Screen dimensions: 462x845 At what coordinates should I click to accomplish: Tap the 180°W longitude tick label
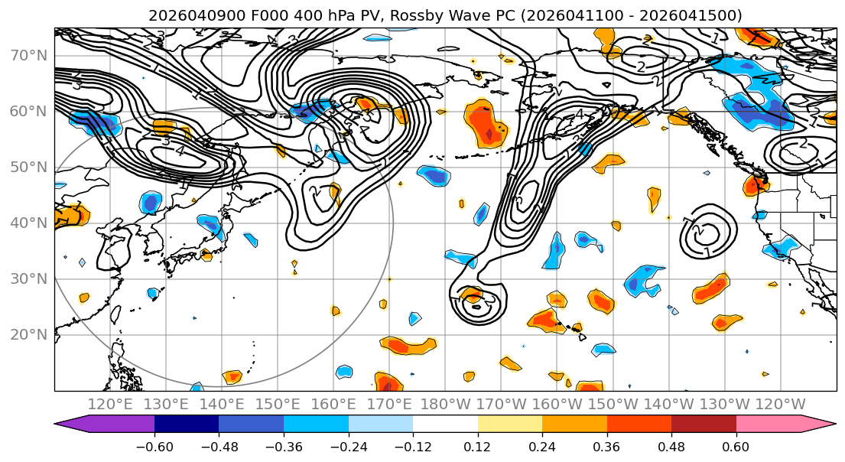tap(446, 404)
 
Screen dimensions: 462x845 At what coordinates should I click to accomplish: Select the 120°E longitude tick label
tap(110, 404)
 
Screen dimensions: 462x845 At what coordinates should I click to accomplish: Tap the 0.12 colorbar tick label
tap(477, 447)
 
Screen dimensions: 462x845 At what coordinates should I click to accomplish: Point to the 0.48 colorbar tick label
tap(671, 447)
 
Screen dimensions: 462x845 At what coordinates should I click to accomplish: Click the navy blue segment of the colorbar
tap(187, 425)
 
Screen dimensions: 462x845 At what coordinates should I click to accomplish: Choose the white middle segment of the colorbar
tap(445, 425)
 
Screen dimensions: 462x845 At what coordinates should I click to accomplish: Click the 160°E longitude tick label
tap(334, 404)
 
